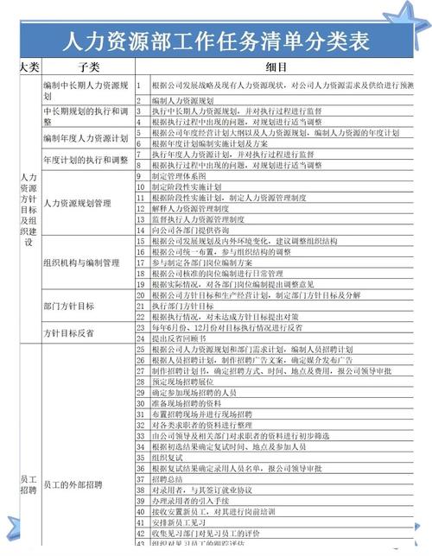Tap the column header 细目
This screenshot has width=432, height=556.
[x=276, y=66]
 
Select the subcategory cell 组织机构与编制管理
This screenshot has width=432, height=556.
[x=80, y=262]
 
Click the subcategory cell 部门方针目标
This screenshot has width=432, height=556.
[x=68, y=306]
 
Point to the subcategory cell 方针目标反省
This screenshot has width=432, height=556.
[x=68, y=332]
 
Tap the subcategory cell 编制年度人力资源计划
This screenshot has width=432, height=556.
[x=85, y=138]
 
